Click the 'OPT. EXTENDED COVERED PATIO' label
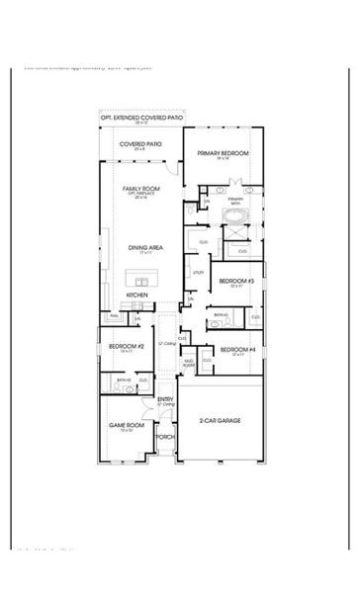141,118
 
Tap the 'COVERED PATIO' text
141,143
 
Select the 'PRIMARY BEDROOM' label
222,153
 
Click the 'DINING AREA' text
140,247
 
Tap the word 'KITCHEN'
137,295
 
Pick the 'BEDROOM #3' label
237,281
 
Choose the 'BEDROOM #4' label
237,349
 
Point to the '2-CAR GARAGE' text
223,420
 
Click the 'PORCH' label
166,436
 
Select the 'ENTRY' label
166,398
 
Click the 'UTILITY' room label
198,271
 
